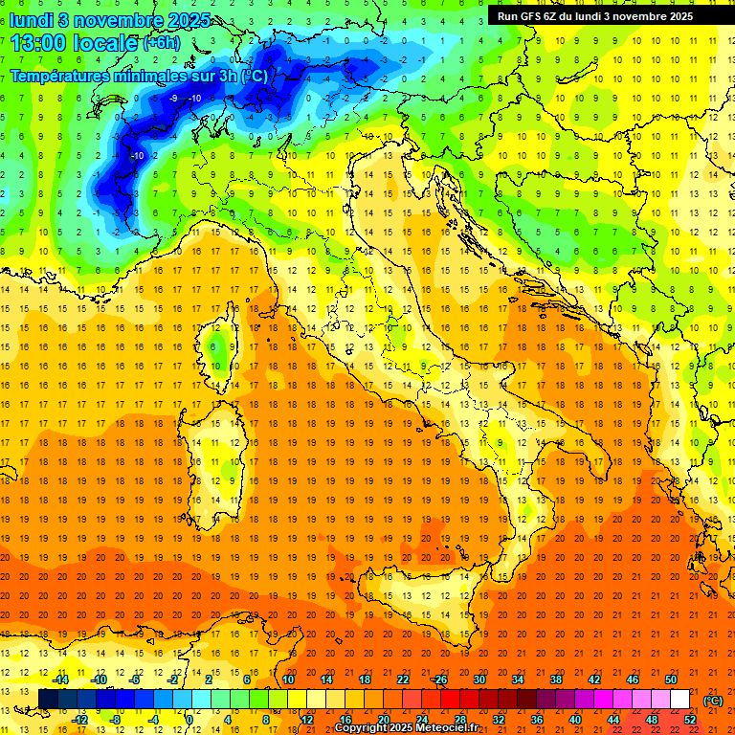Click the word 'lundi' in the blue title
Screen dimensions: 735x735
coord(32,20)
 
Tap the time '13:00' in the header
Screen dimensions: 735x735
coord(40,43)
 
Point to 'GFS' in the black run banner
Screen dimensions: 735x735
coord(531,16)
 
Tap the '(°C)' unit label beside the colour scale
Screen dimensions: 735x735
coord(713,701)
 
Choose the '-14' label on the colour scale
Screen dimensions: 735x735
coord(60,679)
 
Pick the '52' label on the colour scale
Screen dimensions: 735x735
coord(690,720)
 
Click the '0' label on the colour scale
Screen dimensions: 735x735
coord(189,720)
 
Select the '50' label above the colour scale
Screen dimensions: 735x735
coord(671,679)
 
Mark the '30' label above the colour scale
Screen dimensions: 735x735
coord(479,679)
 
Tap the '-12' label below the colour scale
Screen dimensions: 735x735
coord(79,720)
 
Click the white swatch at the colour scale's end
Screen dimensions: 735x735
coord(680,700)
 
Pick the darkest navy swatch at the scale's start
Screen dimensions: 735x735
coord(48,700)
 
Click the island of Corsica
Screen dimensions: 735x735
coord(221,345)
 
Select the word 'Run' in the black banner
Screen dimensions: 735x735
coord(508,16)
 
